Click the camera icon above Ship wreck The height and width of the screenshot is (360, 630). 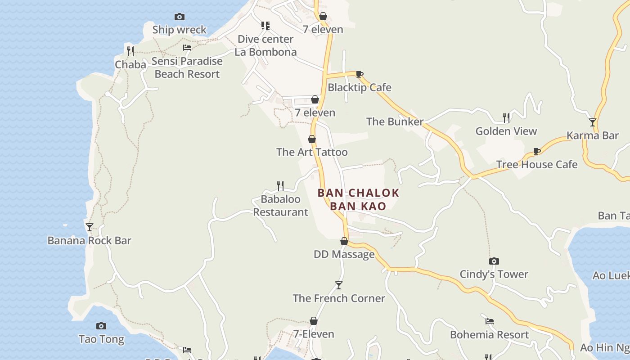click(180, 17)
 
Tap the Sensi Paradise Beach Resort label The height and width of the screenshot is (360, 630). click(187, 67)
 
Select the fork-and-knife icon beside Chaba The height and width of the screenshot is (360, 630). click(130, 50)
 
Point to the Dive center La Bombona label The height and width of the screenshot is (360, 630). click(265, 45)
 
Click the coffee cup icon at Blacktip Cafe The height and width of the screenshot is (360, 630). click(359, 74)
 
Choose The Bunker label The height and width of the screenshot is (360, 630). click(395, 121)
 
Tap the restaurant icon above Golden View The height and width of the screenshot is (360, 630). click(506, 118)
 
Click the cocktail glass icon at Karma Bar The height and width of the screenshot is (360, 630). click(593, 122)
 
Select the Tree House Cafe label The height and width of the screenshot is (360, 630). click(536, 164)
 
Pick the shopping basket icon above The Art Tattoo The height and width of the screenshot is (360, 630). click(311, 139)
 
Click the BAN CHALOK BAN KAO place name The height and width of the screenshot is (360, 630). click(358, 199)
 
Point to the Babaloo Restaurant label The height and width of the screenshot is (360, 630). click(281, 206)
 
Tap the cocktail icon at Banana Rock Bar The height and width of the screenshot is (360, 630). click(90, 227)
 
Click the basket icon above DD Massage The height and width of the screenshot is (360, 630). click(344, 241)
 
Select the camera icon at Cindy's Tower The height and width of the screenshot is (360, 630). click(494, 261)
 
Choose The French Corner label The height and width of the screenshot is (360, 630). click(339, 298)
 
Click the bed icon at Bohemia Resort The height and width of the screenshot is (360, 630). click(490, 321)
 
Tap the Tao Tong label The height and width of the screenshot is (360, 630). click(101, 339)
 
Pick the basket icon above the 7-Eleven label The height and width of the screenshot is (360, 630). click(314, 321)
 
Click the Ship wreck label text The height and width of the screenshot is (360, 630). click(179, 30)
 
